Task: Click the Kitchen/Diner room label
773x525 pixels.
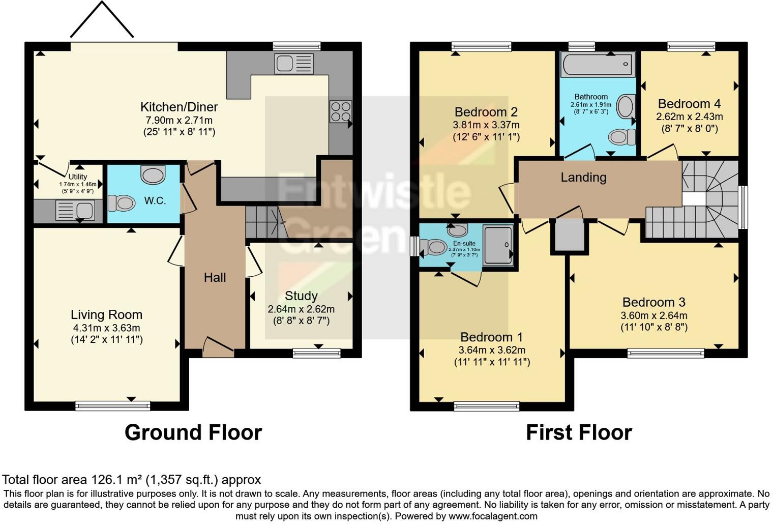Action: [x=179, y=107]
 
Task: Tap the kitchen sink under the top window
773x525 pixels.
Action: [x=293, y=64]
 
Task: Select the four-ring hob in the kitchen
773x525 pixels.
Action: [x=341, y=112]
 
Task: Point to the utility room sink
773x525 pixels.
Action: [x=75, y=210]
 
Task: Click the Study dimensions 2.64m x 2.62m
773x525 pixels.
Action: [x=301, y=309]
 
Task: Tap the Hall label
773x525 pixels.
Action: [x=215, y=277]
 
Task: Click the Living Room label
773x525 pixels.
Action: [x=106, y=315]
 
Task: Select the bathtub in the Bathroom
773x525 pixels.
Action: [x=598, y=64]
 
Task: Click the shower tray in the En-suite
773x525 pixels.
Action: [x=497, y=245]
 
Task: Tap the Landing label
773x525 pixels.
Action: [x=583, y=177]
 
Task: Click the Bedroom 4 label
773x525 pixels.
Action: [x=689, y=104]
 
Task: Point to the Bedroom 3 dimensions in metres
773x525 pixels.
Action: [x=653, y=315]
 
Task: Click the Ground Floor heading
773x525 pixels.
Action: [x=193, y=432]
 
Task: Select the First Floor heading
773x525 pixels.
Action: [x=579, y=432]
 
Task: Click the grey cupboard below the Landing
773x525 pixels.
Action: [x=569, y=235]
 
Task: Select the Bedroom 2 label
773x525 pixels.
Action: [x=486, y=112]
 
